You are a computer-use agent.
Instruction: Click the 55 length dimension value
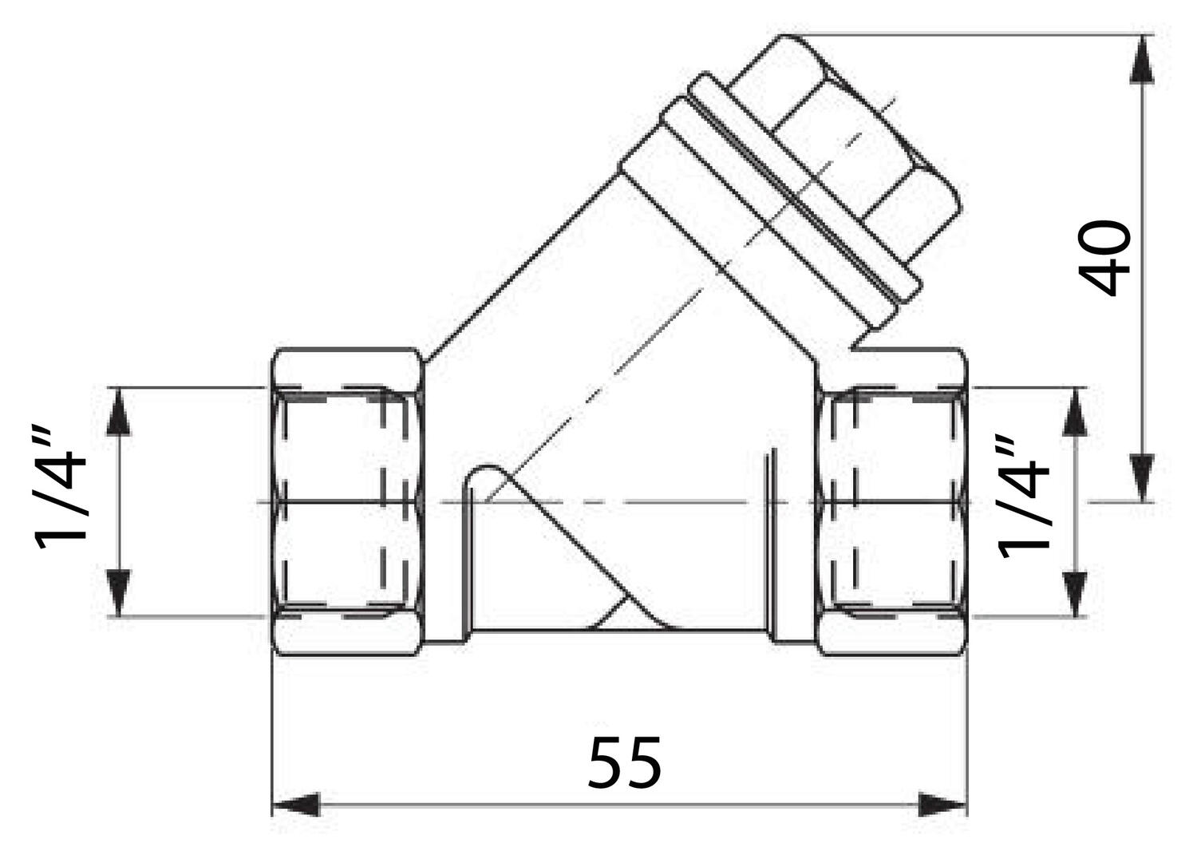625,762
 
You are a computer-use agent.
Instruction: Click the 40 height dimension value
1106,258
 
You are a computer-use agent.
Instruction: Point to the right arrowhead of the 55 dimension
942,805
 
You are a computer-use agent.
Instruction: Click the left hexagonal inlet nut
345,501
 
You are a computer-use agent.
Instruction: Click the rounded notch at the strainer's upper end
483,477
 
